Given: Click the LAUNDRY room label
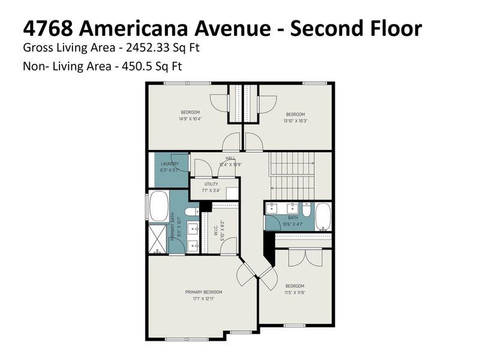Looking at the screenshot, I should tap(169, 164).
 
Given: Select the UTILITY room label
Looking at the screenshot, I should tap(211, 184).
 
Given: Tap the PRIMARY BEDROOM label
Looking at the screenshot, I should tap(200, 292).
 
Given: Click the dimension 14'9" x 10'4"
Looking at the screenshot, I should tap(190, 119).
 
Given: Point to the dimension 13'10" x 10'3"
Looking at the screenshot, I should tap(295, 121).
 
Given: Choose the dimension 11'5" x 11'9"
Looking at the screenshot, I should tap(295, 292).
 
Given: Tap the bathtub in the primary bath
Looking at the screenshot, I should tap(158, 207).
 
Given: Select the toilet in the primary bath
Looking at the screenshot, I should tap(191, 211).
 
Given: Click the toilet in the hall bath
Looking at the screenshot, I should tap(307, 211).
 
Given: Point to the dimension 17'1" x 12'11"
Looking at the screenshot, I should tap(200, 298).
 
